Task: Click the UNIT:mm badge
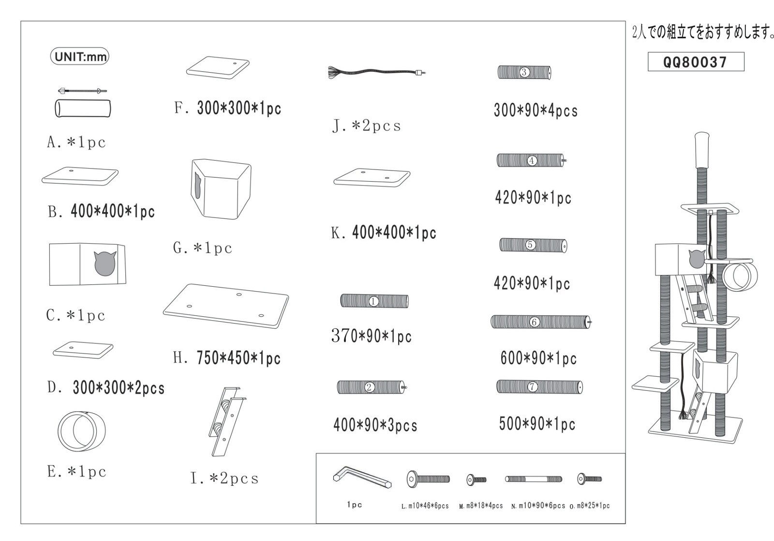[x=79, y=56]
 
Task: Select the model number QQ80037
[x=696, y=62]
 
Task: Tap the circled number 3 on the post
[x=524, y=72]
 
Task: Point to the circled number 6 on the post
[x=534, y=322]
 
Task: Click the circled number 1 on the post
[x=373, y=301]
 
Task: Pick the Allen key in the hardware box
[x=362, y=478]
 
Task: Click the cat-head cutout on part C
[x=104, y=263]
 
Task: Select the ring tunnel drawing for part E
[x=82, y=431]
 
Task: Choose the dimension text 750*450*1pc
[x=238, y=358]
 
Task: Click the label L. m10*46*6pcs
[x=425, y=506]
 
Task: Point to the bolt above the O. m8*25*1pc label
[x=590, y=479]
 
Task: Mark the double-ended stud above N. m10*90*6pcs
[x=534, y=479]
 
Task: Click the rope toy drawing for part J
[x=377, y=73]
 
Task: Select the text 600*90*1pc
[x=539, y=358]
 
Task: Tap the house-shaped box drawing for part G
[x=221, y=189]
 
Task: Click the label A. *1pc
[x=76, y=142]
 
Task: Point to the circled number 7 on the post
[x=532, y=386]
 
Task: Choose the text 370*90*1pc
[x=372, y=336]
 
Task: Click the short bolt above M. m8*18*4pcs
[x=476, y=480]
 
